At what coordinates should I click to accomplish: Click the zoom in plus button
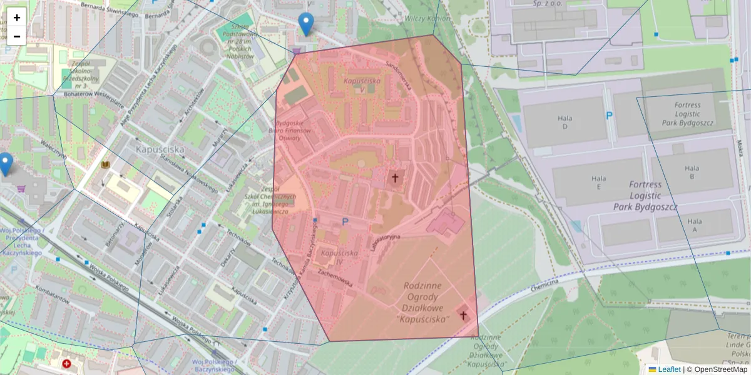click(x=17, y=17)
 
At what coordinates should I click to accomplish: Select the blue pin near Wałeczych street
click(x=5, y=164)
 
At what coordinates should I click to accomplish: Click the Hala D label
click(x=566, y=122)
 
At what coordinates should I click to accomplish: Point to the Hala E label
click(x=599, y=182)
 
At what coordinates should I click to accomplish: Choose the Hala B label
click(x=692, y=172)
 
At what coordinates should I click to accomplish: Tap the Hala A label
click(x=694, y=225)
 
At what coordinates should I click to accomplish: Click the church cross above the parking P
click(x=395, y=178)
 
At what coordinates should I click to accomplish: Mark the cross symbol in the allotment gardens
click(x=464, y=315)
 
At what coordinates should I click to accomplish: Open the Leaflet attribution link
click(x=668, y=369)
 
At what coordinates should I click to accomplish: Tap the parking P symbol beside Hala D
click(x=608, y=116)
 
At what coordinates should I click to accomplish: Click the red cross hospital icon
click(x=67, y=363)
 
